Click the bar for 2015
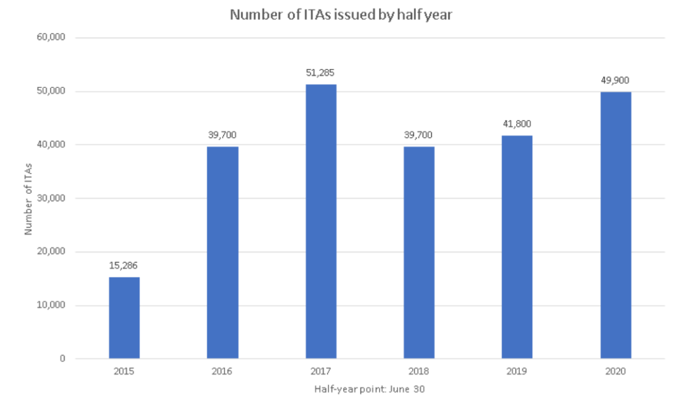coord(124,318)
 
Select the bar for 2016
coord(223,253)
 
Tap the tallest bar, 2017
coord(321,221)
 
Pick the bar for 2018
coord(419,253)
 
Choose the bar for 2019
coord(517,247)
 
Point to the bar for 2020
coord(616,225)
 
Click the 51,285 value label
coord(321,73)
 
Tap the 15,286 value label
coord(124,265)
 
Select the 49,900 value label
coord(616,80)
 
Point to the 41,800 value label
coord(517,124)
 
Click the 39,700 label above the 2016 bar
coord(223,135)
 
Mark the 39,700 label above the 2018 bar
coord(419,135)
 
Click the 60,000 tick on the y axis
coord(52,38)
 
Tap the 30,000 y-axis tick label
coord(52,198)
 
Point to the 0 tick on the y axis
coord(63,359)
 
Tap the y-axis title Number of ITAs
coord(29,198)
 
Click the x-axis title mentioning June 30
coord(370,388)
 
